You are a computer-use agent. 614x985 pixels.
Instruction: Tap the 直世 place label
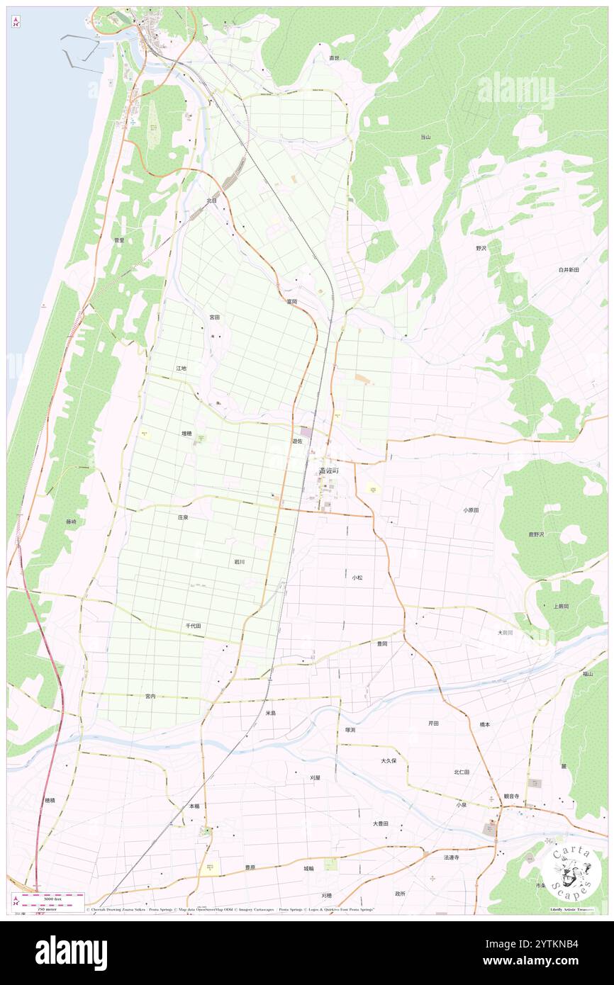click(334, 57)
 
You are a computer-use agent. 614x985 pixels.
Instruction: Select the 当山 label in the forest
click(425, 137)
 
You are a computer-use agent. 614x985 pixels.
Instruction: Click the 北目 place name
click(211, 201)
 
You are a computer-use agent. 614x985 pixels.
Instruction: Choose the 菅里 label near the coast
click(119, 240)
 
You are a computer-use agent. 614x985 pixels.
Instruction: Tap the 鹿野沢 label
click(550, 534)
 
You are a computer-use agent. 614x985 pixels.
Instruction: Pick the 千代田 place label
click(194, 626)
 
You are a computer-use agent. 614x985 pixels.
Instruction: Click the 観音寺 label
click(512, 796)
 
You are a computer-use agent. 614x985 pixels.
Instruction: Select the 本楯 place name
click(194, 806)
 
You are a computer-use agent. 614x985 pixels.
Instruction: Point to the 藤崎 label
click(71, 522)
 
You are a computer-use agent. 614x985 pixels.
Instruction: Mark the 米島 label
click(271, 713)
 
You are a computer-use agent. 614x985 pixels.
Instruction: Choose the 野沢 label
click(481, 248)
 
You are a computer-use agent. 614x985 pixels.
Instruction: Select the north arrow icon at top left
click(16, 22)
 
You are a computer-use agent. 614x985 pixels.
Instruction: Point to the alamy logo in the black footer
click(71, 952)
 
